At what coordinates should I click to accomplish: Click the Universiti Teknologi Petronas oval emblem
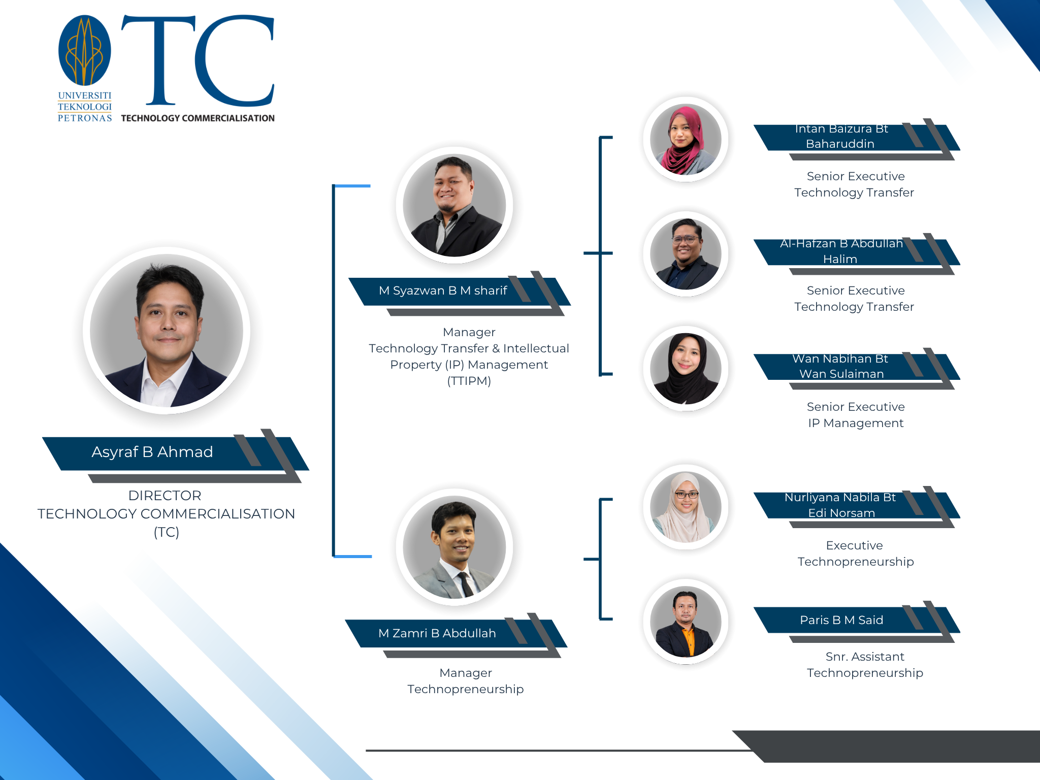tap(85, 51)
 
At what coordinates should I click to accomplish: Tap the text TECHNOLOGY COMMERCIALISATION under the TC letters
tap(198, 118)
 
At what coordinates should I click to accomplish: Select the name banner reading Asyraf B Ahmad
tap(152, 452)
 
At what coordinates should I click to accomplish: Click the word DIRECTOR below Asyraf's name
tap(165, 496)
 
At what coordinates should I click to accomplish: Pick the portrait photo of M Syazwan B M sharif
tap(454, 205)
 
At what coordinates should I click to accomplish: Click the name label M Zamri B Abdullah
tap(437, 633)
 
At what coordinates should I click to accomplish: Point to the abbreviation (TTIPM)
tap(469, 381)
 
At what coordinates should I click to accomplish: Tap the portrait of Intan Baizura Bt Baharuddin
tap(686, 140)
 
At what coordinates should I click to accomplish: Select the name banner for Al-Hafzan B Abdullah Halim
tap(841, 251)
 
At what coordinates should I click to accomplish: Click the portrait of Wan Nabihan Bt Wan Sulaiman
tap(686, 369)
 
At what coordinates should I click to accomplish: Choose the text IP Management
tap(856, 423)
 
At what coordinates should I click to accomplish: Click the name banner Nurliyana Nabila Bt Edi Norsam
tap(840, 505)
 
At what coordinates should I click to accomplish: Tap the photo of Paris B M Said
tap(686, 622)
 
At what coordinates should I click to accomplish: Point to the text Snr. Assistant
tap(865, 657)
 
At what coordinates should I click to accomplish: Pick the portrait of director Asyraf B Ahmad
tap(167, 331)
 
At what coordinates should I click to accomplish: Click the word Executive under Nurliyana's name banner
tap(854, 545)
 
